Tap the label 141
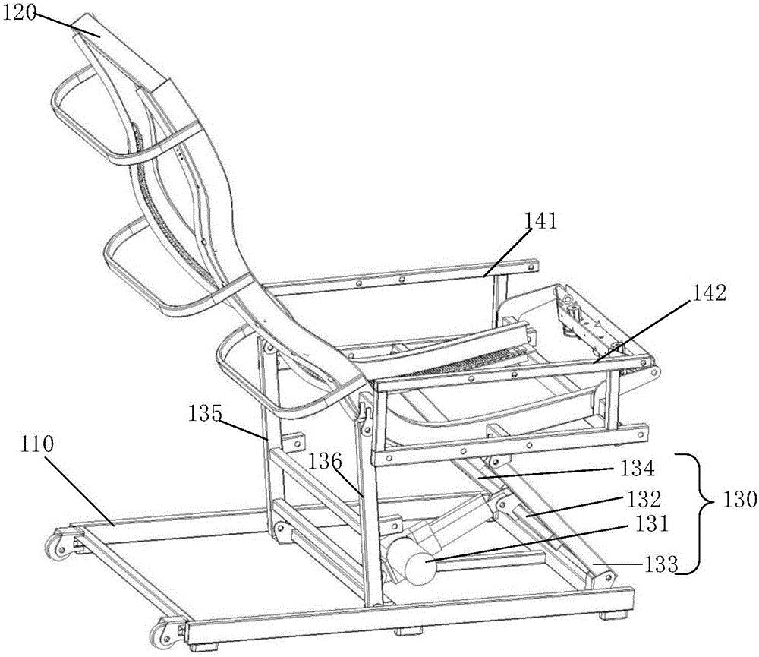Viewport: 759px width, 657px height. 540,222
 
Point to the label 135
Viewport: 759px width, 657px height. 206,414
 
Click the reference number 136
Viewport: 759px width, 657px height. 325,460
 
